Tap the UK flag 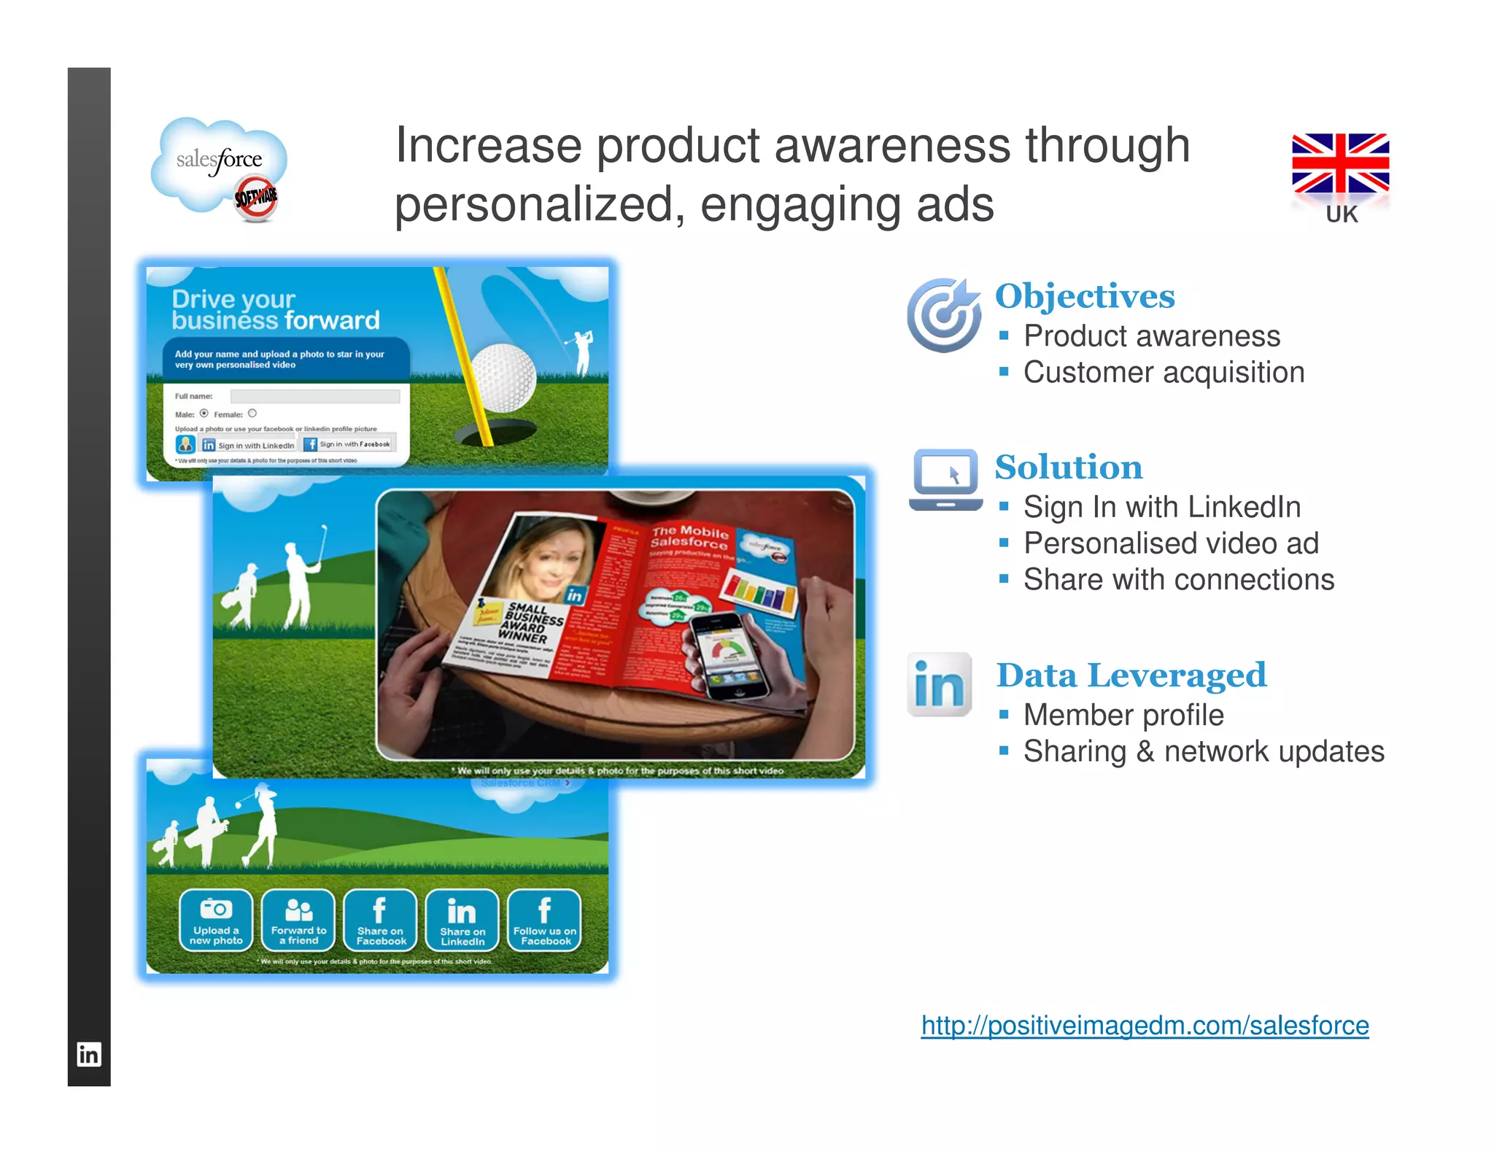(1340, 163)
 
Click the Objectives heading (1085, 296)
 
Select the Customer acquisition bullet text (1163, 373)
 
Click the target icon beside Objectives (944, 315)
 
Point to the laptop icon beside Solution (945, 479)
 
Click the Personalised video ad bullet (1170, 543)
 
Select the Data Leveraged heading (1131, 675)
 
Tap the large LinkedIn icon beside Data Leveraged (940, 685)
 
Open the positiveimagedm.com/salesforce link (1144, 1026)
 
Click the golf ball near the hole (503, 378)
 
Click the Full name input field (314, 396)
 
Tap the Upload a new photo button (216, 921)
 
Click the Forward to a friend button (298, 921)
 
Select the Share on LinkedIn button (462, 921)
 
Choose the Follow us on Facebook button (544, 921)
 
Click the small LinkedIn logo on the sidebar (89, 1054)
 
